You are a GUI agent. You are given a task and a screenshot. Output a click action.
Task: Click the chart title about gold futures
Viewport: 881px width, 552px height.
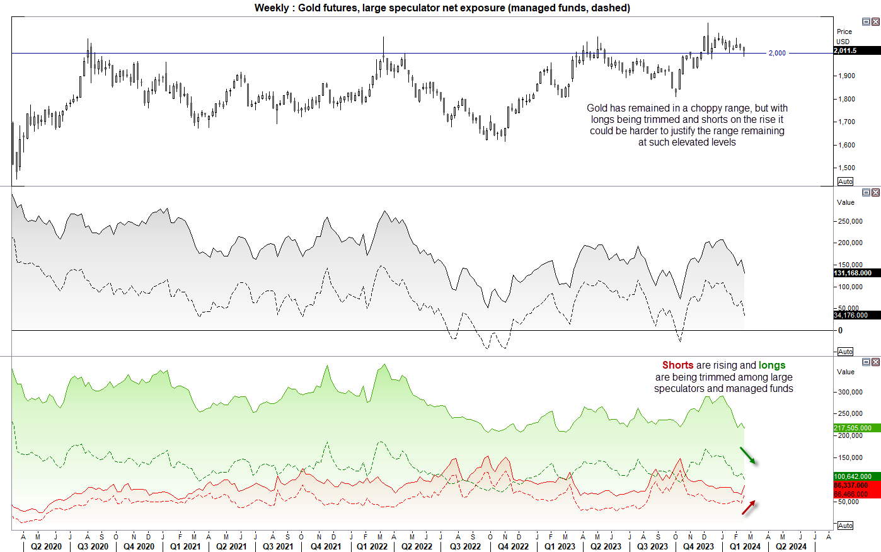click(442, 8)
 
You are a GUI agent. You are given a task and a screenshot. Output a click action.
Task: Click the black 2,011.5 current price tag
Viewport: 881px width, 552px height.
click(856, 50)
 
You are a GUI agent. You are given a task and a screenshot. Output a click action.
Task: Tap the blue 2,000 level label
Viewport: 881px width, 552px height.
click(777, 54)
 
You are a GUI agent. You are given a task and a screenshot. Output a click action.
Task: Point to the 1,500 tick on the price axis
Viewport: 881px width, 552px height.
click(846, 168)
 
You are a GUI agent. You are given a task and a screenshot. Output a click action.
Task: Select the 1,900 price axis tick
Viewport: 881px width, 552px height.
click(846, 76)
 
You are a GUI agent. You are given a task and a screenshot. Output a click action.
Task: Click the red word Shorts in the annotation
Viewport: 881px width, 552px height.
click(677, 365)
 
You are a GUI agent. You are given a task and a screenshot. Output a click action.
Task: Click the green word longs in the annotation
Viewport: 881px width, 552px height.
click(772, 365)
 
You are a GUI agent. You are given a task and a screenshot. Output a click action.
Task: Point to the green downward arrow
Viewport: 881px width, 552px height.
click(747, 456)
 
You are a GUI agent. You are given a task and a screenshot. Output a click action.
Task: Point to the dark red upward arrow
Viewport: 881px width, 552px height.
click(748, 508)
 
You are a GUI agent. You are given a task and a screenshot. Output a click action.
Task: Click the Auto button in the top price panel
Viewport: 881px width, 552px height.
click(845, 181)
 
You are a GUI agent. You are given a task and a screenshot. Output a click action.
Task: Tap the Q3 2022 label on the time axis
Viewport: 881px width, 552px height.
click(465, 546)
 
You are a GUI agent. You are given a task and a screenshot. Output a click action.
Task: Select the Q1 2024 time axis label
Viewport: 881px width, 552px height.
click(745, 546)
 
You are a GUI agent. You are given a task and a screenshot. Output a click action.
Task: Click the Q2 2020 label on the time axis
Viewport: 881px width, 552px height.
click(46, 546)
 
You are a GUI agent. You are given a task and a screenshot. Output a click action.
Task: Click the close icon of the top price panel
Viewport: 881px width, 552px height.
click(875, 22)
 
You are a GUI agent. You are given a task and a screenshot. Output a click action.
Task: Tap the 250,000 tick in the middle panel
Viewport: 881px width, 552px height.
click(850, 221)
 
